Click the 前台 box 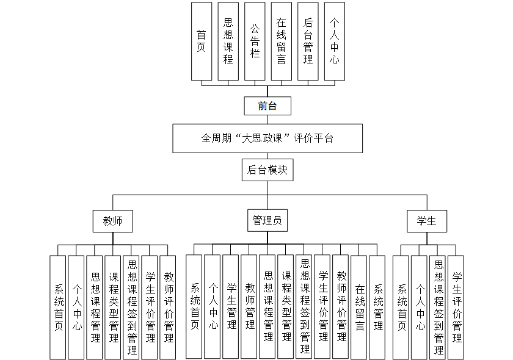267,106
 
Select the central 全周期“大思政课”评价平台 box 267,139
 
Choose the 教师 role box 112,221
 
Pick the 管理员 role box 267,221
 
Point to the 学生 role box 426,221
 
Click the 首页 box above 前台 201,41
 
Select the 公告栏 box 255,41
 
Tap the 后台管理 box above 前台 308,41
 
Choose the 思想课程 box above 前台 228,41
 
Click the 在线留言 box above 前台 281,41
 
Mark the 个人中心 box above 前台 335,41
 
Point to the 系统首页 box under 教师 58,306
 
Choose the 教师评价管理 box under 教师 168,306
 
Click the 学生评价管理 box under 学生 456,306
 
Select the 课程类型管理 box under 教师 113,306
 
